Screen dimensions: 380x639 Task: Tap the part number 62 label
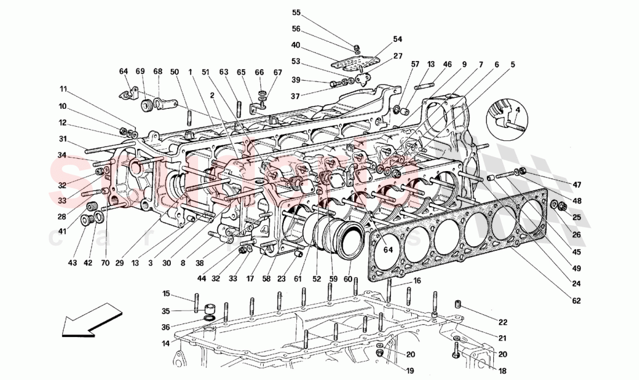(x=576, y=301)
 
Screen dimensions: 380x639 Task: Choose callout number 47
(x=576, y=185)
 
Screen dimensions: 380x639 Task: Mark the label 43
(x=71, y=263)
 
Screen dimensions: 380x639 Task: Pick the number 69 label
(x=140, y=71)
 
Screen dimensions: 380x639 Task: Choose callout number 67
(x=278, y=72)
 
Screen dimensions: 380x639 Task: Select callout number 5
(x=512, y=65)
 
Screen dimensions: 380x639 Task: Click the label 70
(x=105, y=263)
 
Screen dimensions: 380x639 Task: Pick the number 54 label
(x=397, y=40)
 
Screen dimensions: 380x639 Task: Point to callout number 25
(x=576, y=217)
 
